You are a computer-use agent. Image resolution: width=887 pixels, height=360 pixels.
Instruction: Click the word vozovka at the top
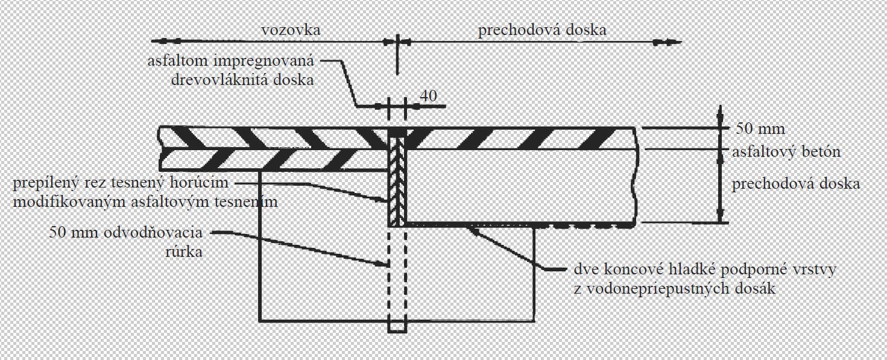pos(291,30)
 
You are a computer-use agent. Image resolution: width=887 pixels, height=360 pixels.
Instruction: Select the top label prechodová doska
pos(542,30)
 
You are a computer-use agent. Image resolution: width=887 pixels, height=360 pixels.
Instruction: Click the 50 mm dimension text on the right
pos(760,128)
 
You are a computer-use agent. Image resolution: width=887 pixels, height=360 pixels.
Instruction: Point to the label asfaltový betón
pos(786,152)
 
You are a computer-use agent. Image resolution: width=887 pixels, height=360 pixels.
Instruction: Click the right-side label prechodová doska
pos(795,183)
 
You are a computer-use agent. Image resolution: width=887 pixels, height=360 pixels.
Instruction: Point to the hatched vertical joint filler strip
pos(397,181)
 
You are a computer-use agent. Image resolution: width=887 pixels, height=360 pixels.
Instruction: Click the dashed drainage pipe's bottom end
pos(397,329)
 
